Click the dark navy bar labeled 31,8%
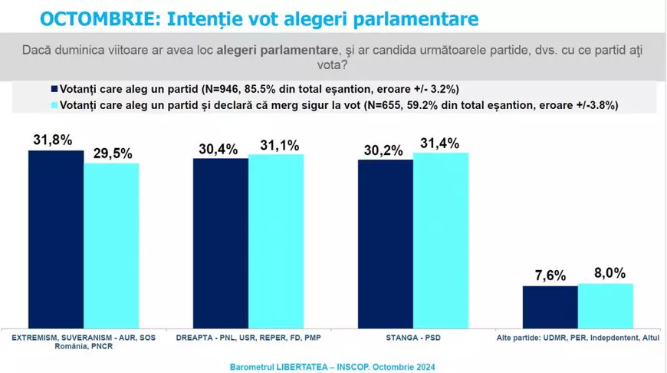point(56,238)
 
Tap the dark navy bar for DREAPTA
point(221,242)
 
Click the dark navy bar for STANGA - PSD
point(386,243)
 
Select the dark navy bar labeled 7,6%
point(550,305)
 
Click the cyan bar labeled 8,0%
point(606,305)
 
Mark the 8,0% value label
point(605,272)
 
